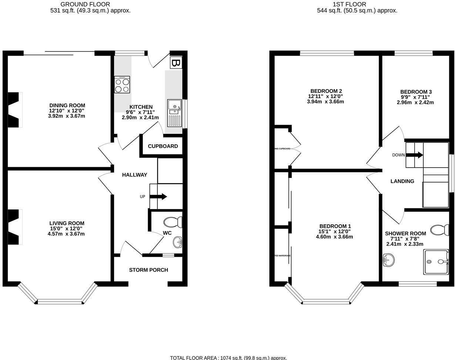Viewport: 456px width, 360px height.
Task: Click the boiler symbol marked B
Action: (x=176, y=63)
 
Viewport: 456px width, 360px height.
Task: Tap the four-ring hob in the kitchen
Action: (x=122, y=85)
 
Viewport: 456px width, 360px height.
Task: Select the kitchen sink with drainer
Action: (x=174, y=113)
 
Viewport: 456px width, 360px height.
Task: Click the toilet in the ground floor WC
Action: (x=173, y=222)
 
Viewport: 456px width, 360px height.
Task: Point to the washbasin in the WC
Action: (x=178, y=242)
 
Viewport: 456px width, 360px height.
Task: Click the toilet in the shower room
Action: (x=440, y=230)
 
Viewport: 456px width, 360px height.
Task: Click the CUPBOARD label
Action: (x=163, y=146)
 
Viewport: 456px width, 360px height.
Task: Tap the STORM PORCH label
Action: (x=148, y=270)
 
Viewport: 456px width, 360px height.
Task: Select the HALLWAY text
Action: (x=135, y=175)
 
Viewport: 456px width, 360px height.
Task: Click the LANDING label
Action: (x=402, y=181)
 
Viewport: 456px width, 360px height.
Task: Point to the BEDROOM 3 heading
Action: (x=416, y=92)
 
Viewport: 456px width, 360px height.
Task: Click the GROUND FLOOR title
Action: (x=85, y=4)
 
